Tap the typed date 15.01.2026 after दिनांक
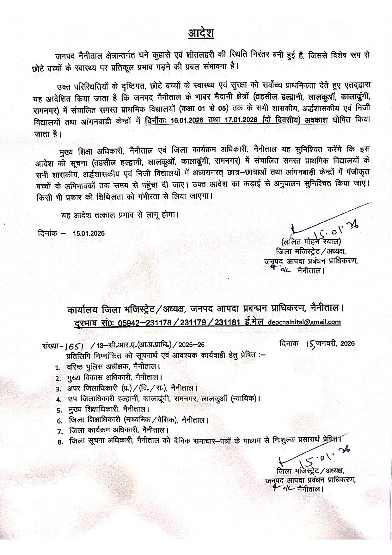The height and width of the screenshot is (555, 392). point(89,233)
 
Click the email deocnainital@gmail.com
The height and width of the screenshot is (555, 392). point(304,322)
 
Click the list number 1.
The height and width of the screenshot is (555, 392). point(58,368)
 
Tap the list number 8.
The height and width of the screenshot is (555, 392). point(60,442)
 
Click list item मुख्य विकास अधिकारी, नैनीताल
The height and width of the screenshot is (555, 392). point(114,378)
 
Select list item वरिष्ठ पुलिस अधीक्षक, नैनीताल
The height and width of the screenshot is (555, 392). point(113,367)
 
